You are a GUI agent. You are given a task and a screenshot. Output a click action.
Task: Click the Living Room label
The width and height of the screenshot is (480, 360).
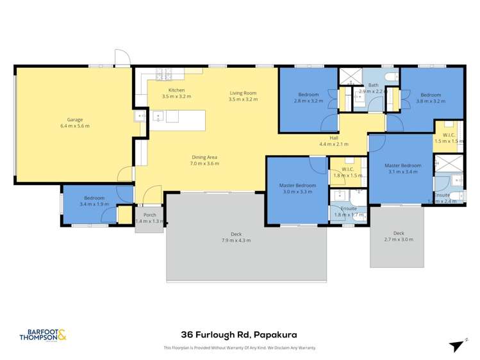(x=243, y=94)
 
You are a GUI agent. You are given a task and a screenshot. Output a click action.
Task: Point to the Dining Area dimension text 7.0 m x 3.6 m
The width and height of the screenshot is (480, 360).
(x=204, y=163)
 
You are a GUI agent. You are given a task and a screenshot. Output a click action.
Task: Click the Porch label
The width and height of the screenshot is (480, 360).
(x=149, y=215)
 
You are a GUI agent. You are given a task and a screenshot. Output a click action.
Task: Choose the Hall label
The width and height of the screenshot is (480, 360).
(x=333, y=138)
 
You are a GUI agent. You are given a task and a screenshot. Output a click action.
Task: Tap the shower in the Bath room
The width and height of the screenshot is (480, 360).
(x=349, y=76)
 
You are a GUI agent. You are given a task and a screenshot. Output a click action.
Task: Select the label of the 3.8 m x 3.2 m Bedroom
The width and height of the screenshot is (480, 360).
(x=429, y=94)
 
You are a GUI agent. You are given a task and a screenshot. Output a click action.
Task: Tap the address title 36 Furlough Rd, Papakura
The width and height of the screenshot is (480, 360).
(x=239, y=334)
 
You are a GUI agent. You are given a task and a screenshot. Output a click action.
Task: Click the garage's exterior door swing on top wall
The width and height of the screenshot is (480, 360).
(x=121, y=58)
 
